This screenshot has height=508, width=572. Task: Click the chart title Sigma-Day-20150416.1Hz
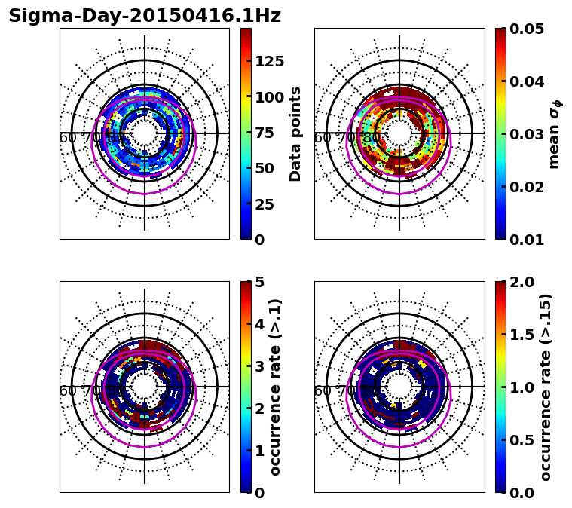point(145,16)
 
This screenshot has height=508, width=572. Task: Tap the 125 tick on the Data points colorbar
point(269,61)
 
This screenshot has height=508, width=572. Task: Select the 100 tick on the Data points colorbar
point(269,96)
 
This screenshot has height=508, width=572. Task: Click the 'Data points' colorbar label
point(295,133)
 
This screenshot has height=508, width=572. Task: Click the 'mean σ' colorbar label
point(554,134)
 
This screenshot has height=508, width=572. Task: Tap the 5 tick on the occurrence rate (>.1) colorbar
point(260,282)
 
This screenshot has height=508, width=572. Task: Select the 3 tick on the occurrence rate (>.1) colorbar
point(260,366)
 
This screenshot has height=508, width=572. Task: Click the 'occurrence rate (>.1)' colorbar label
point(276,387)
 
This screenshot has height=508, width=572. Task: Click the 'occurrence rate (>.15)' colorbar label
point(546,387)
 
